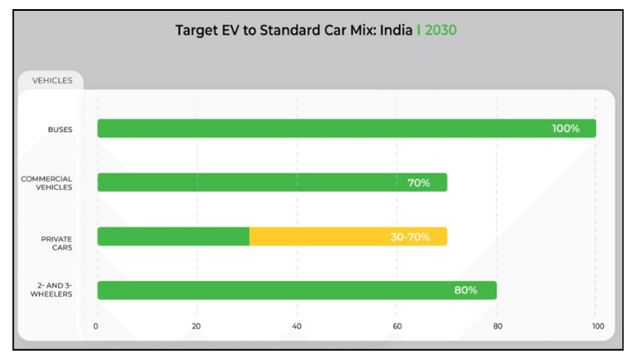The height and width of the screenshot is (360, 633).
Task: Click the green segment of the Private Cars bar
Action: [173, 237]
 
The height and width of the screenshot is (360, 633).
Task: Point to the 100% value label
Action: [566, 128]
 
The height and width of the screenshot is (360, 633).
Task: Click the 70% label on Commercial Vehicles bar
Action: [419, 182]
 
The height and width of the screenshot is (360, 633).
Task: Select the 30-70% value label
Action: [410, 237]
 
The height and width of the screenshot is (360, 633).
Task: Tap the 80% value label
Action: [466, 290]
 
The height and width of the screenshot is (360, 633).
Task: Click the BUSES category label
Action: [60, 129]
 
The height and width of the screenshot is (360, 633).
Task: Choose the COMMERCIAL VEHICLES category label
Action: [47, 183]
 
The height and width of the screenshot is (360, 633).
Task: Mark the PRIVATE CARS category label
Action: [57, 242]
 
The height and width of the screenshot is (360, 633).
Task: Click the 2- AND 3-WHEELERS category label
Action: [51, 290]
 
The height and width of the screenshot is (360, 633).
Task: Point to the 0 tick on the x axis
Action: [97, 326]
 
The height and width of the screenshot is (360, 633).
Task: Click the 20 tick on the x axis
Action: [197, 326]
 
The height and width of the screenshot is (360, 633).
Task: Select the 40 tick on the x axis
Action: [297, 326]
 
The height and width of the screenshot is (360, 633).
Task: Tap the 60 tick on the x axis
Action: [396, 326]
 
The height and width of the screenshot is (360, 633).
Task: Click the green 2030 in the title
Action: [441, 31]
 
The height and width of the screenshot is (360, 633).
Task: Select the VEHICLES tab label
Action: [52, 81]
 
